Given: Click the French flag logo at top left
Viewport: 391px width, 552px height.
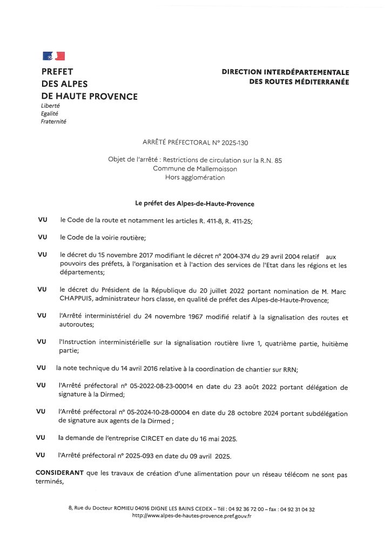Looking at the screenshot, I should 53,56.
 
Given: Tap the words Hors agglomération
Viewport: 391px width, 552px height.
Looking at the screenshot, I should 195,177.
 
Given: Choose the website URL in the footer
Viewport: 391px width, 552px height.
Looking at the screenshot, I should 192,516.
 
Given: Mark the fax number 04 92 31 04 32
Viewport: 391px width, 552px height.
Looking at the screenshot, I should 296,509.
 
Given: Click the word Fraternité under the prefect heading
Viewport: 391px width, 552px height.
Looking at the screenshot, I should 53,122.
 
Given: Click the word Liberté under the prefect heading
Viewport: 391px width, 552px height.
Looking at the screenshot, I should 50,106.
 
